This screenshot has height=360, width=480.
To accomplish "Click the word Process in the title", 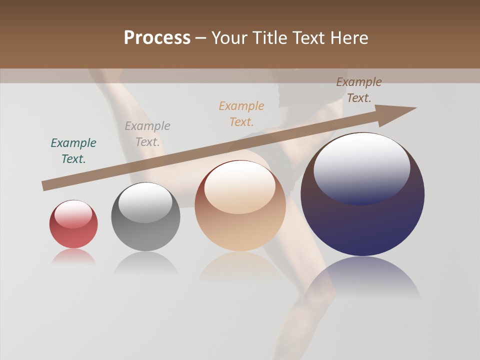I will point(157,38).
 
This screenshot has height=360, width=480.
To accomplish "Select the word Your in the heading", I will point(228,38).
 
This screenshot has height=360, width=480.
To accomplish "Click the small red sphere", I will point(73,224).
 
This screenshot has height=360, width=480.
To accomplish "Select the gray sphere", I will point(145,217).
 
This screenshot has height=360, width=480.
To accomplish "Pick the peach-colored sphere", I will point(240,206).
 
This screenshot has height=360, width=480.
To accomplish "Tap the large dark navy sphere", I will point(362,194).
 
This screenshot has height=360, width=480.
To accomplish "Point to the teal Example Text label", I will point(73,151).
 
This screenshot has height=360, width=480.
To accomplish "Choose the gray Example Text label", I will point(147,134).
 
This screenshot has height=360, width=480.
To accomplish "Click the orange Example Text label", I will point(241,114).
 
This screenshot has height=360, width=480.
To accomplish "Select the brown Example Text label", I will point(359,90).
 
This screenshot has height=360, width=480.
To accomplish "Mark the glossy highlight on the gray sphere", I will point(145,202).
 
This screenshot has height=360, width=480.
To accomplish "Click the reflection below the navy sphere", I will point(362,277).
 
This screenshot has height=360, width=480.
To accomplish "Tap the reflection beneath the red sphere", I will point(73,256).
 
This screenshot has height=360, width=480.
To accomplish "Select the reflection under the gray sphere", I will point(145,262).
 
